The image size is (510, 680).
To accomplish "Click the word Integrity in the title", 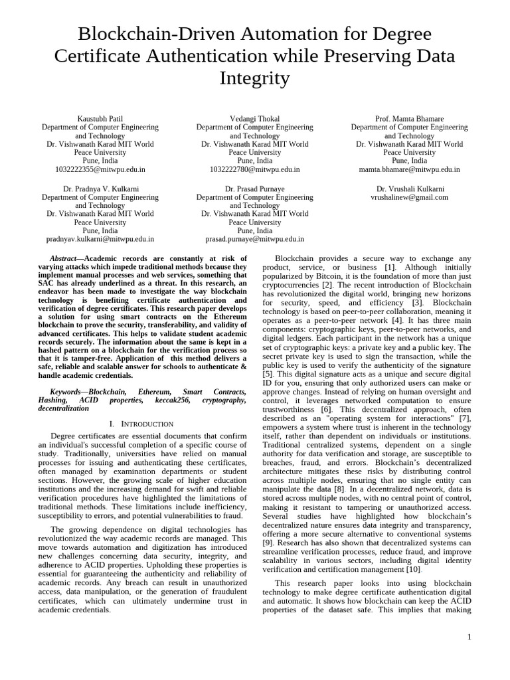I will tap(255, 78).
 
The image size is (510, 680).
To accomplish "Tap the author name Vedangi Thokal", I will tap(254, 118).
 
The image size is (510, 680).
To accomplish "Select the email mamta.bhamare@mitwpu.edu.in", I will tap(409, 169).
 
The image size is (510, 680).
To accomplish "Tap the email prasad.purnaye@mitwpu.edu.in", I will tap(254, 238).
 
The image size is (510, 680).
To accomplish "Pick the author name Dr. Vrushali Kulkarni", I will tap(409, 189).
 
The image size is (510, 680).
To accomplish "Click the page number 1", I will tap(469, 637).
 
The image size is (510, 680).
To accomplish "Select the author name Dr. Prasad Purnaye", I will tap(254, 189).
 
